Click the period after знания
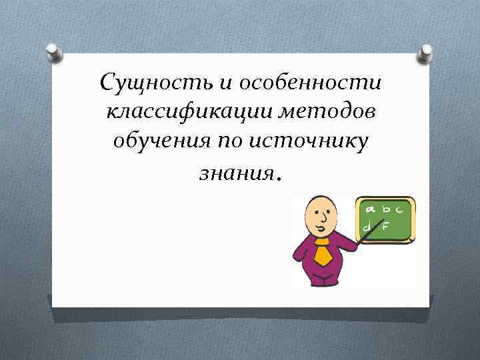tap(279, 177)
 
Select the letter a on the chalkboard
tap(368, 209)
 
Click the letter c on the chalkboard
tap(399, 209)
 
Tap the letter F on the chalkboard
tap(385, 226)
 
